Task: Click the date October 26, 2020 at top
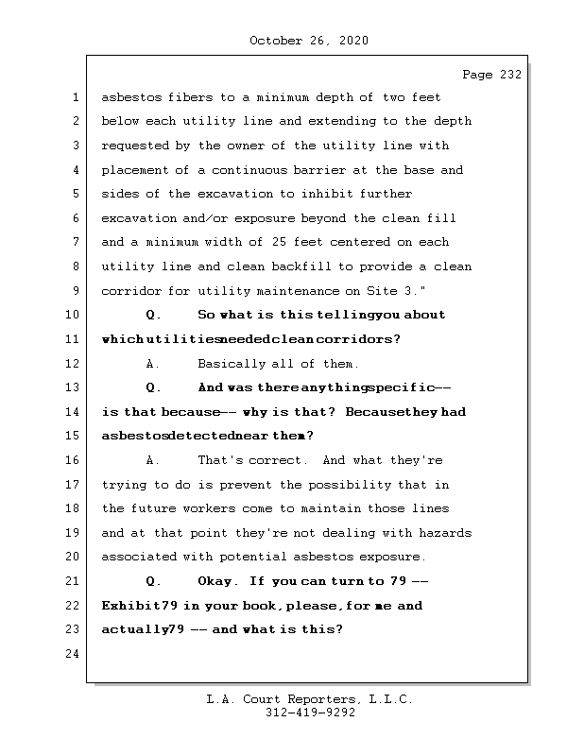click(x=309, y=41)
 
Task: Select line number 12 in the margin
click(x=73, y=364)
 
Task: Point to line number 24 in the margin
click(x=73, y=654)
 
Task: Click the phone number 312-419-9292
click(x=310, y=714)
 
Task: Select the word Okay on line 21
click(x=220, y=581)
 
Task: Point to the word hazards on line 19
click(x=443, y=533)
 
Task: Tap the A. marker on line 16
click(x=153, y=461)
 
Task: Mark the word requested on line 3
click(x=137, y=146)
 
